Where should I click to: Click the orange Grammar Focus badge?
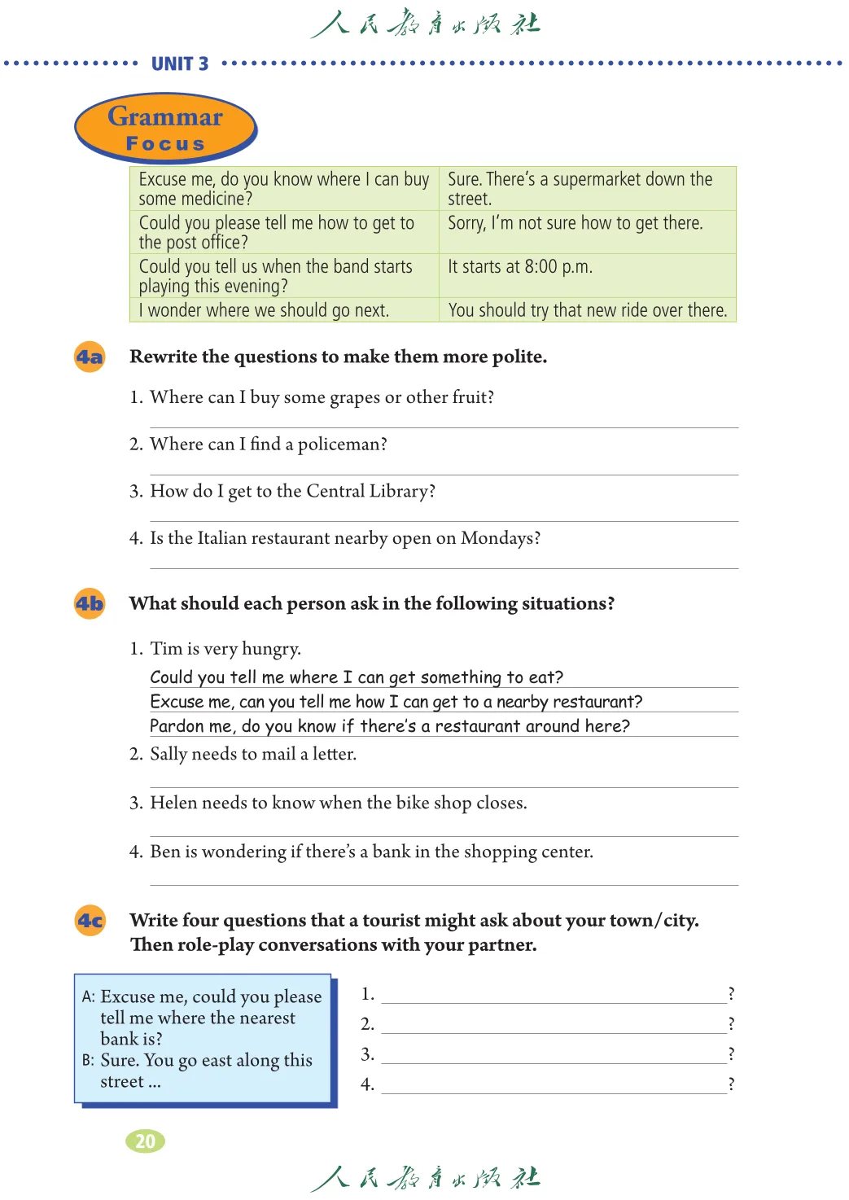165,129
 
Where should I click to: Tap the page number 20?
145,1141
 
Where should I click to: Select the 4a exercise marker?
90,357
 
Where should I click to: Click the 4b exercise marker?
90,603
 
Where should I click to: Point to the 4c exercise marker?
90,921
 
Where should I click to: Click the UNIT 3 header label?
180,64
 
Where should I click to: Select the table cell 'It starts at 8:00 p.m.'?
520,267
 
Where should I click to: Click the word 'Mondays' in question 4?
497,538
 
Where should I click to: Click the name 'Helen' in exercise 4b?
173,803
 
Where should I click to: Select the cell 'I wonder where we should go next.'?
264,310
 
